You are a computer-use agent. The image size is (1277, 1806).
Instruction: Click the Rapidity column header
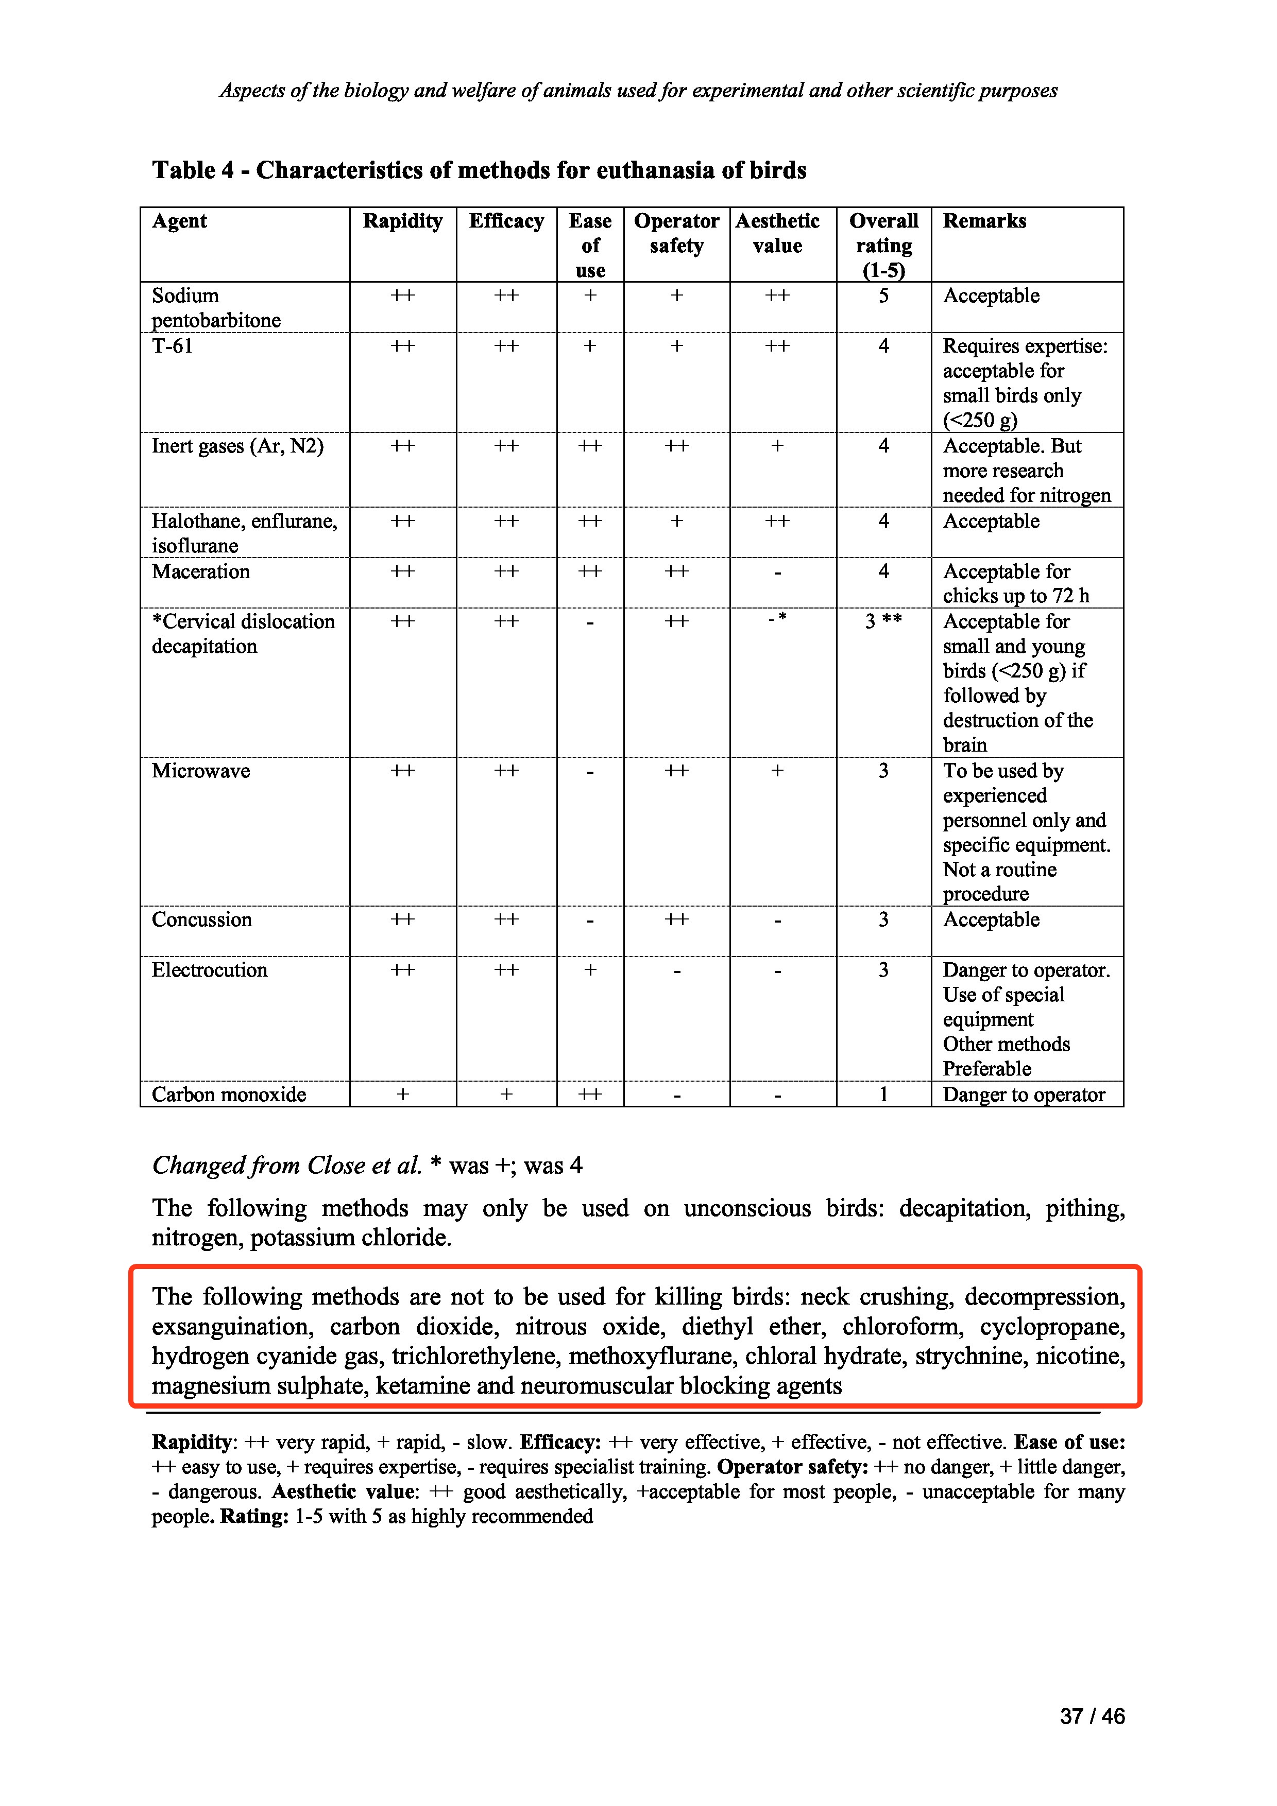402,221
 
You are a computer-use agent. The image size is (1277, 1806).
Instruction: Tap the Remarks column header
984,221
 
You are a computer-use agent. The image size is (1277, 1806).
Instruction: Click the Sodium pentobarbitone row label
216,307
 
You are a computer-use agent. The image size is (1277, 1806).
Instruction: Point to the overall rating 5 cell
883,296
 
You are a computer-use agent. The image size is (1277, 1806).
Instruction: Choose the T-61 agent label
173,346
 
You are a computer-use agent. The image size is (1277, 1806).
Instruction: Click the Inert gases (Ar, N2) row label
237,446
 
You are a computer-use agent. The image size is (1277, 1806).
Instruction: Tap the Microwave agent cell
200,771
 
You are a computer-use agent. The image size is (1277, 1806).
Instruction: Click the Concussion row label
201,919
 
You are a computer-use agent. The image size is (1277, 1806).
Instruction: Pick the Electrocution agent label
209,970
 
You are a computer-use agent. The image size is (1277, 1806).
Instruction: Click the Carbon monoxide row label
229,1094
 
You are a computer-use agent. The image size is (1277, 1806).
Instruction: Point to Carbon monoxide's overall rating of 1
883,1094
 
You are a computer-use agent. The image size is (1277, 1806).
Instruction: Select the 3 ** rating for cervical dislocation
883,621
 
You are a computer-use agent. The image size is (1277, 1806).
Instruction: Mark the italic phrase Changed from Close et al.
287,1165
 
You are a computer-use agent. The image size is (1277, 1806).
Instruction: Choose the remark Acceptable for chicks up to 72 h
1016,584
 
